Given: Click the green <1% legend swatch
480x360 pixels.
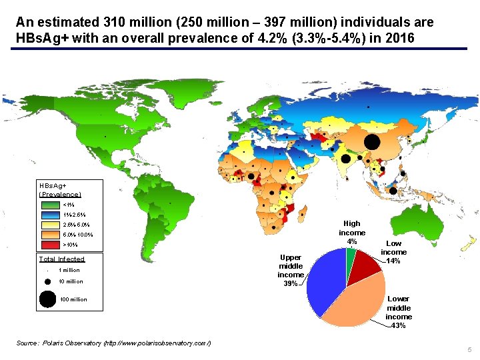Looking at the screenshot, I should [50, 205].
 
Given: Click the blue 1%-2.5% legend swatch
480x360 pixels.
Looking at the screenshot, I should [50, 215].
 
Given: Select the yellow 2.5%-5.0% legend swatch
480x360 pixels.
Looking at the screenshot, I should [50, 225].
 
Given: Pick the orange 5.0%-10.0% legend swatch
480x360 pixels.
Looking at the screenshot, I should [50, 235].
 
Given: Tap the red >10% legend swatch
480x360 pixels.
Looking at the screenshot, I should [50, 245].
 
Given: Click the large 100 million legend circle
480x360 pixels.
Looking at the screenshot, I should [47, 299].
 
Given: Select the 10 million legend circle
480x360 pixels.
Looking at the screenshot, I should [47, 281].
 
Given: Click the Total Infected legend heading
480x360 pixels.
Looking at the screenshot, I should [62, 259].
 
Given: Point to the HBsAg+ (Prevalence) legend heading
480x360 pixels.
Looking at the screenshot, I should [60, 189].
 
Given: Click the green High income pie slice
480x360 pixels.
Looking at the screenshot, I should [351, 255].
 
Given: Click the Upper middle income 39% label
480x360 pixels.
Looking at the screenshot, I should [291, 270].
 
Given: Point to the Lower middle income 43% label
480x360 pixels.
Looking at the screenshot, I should [399, 312].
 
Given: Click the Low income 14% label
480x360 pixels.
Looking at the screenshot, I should [393, 252].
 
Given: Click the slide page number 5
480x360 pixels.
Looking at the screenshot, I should [469, 350].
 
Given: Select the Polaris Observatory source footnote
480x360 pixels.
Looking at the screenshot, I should [113, 343].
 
